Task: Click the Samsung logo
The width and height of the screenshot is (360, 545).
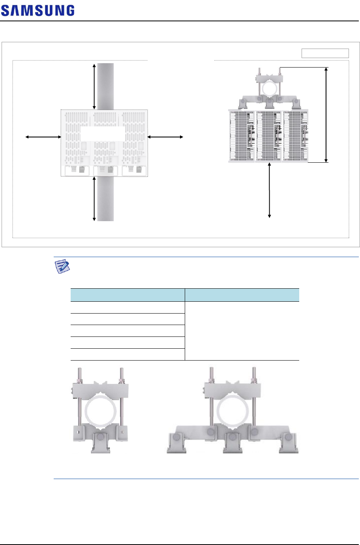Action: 38,11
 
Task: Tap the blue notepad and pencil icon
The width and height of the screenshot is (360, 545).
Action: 62,267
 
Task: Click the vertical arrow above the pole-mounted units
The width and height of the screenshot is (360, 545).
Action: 94,86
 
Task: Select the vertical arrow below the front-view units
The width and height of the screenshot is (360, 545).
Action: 94,199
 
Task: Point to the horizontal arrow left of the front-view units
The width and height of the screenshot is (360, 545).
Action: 43,137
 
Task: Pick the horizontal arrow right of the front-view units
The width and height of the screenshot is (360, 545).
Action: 165,137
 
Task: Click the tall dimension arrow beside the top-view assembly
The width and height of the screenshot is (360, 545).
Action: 326,115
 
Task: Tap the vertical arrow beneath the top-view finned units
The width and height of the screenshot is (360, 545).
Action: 269,190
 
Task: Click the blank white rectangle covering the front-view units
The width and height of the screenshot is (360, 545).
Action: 103,133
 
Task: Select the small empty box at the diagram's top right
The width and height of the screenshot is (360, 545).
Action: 325,53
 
